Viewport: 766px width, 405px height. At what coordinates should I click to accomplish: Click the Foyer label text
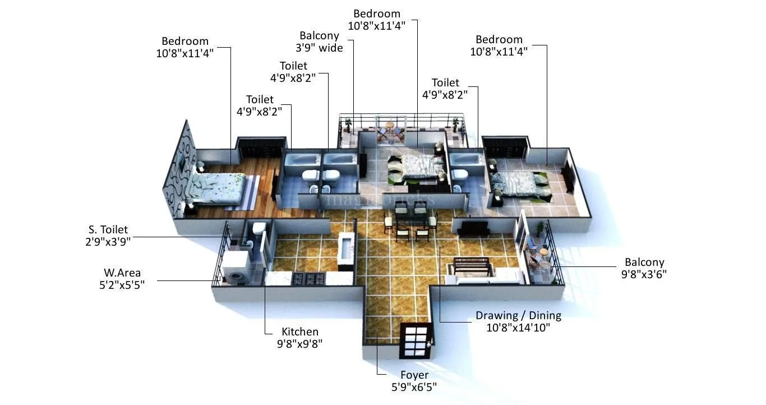coord(414,375)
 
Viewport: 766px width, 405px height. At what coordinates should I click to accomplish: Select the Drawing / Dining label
coord(518,315)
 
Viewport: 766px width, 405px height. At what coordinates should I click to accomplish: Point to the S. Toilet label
coord(108,229)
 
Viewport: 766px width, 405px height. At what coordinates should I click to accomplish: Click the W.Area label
coord(122,273)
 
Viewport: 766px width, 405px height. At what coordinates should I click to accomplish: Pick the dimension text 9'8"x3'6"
coord(644,274)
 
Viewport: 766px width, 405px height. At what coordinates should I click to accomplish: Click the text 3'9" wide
coord(319,48)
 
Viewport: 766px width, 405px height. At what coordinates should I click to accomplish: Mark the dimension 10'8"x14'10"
coord(518,328)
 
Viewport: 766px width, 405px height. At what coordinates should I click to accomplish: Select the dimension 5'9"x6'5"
coord(414,386)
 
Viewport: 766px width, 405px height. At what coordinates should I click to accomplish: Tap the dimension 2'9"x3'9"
coord(104,241)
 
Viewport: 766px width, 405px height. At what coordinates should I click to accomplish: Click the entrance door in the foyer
coord(416,340)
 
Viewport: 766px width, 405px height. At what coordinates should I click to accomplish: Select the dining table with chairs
coord(408,221)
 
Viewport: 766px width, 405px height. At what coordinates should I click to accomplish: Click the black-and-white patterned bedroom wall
coord(179,169)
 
